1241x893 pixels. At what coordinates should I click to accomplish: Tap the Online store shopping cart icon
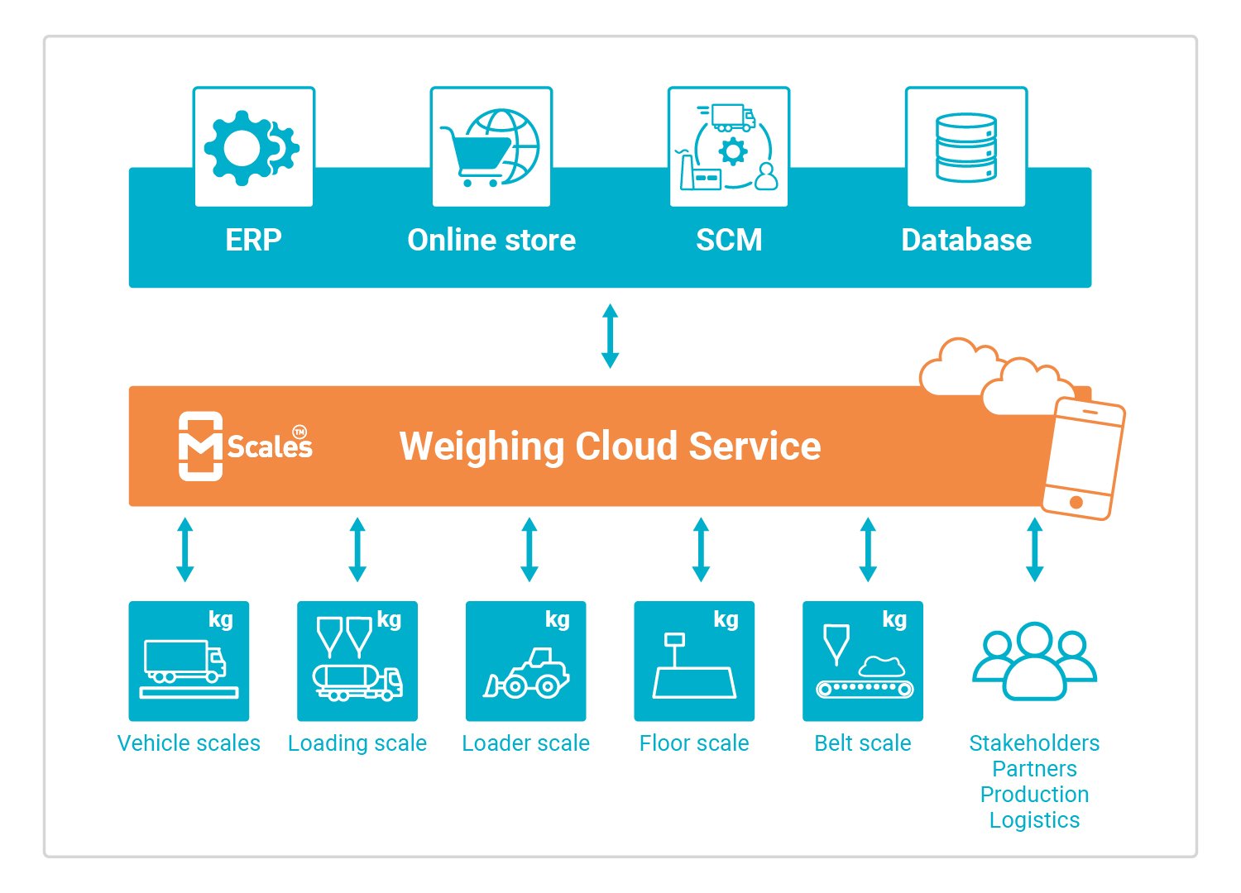(x=491, y=147)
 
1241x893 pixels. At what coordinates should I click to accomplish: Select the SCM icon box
(x=728, y=147)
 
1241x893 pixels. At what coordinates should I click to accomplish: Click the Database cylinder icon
(x=965, y=147)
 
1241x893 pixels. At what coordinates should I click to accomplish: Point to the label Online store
(x=491, y=240)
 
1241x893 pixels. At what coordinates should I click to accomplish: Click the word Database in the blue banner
(x=965, y=240)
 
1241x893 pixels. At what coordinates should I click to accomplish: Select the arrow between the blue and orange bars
(x=610, y=336)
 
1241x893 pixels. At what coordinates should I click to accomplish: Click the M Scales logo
(x=246, y=446)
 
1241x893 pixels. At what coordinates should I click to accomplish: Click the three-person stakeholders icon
(x=1034, y=661)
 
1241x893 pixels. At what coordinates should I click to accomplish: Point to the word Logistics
(x=1034, y=820)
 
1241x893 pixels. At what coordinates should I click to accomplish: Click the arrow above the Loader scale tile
(x=529, y=549)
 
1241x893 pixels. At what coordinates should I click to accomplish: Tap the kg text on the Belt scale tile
(x=894, y=619)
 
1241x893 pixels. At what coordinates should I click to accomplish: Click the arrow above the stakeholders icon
(x=1034, y=549)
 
